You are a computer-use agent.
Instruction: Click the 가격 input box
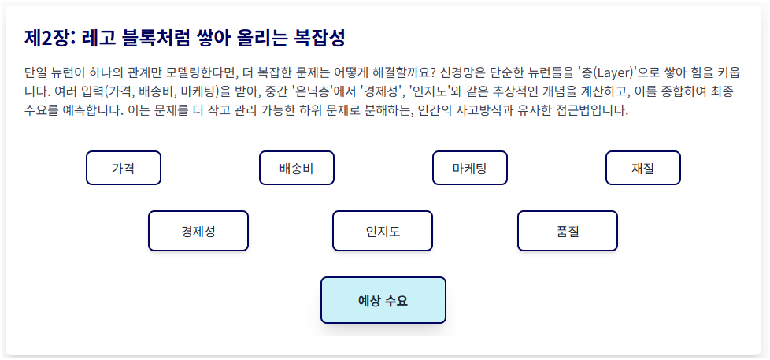pos(123,168)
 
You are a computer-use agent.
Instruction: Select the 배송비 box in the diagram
pos(297,168)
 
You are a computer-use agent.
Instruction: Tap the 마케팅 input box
pos(469,168)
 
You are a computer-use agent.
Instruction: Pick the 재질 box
pos(642,168)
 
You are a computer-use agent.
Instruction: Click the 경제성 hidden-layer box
pos(198,231)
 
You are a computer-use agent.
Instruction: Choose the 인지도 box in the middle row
pos(383,231)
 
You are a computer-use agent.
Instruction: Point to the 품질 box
pos(567,231)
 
